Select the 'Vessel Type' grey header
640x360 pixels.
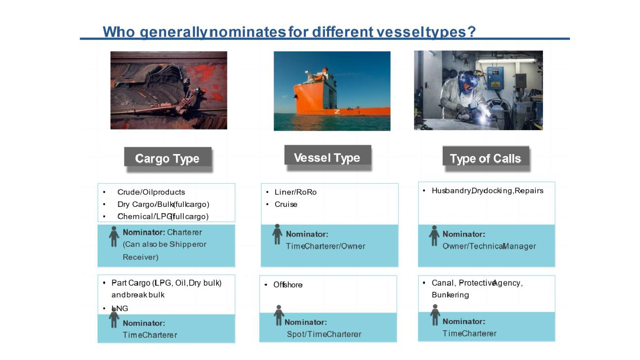[328, 155]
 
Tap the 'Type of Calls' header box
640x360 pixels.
[486, 156]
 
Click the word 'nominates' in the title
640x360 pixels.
[247, 32]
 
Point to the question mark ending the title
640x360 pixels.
[471, 31]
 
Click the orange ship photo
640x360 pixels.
[332, 91]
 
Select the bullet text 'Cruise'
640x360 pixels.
[286, 204]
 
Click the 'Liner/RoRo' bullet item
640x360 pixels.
[295, 192]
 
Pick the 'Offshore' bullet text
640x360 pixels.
[288, 285]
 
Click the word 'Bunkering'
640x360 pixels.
[450, 295]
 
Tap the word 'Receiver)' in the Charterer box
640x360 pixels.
[140, 257]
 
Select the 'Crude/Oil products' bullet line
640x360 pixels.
[151, 192]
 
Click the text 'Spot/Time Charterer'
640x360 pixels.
[324, 334]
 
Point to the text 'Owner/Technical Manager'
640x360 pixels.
[489, 246]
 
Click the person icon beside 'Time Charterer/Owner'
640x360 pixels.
[277, 234]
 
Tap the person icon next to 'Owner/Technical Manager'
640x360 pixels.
[434, 236]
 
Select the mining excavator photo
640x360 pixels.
[169, 90]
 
